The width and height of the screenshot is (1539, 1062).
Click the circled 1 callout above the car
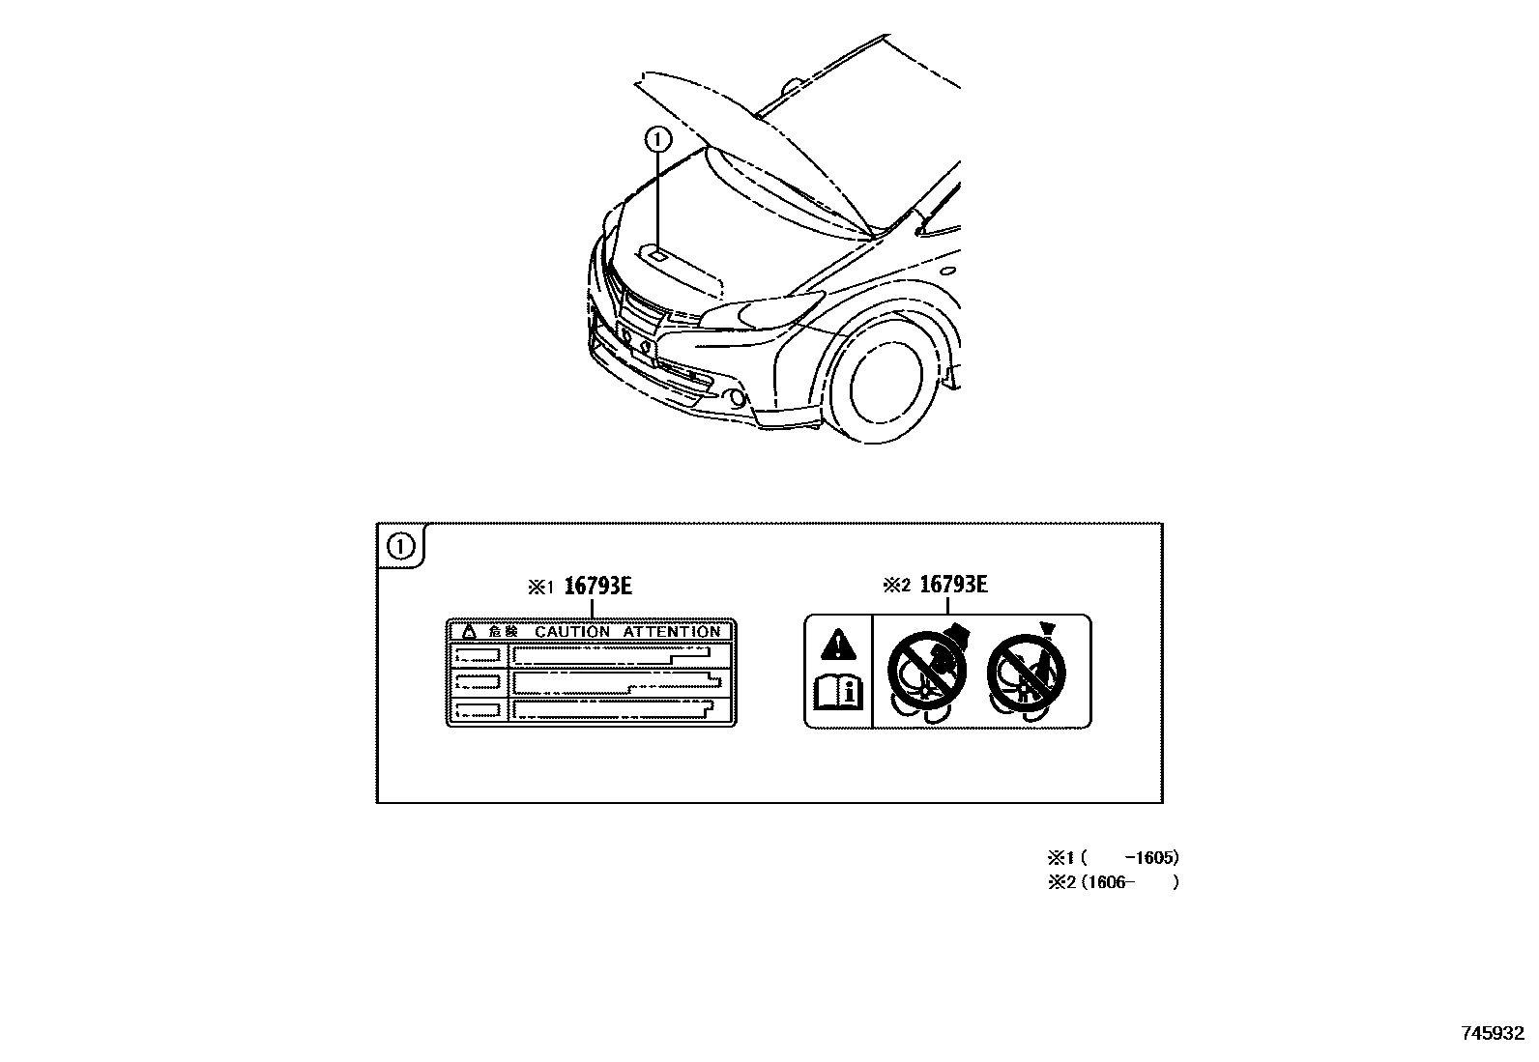[657, 140]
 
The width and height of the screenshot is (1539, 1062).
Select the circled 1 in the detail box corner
[400, 547]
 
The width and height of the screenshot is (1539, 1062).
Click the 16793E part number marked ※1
[598, 586]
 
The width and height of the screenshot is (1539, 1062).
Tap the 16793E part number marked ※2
[953, 584]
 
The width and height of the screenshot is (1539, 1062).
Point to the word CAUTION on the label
[572, 631]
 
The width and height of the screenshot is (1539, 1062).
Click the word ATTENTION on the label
[672, 631]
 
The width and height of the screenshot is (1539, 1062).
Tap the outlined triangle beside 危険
[469, 631]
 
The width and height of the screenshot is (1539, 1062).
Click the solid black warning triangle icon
[838, 645]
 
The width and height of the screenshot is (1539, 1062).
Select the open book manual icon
[838, 692]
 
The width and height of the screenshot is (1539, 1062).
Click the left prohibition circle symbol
[923, 670]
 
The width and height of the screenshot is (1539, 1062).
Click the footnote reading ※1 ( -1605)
[1114, 857]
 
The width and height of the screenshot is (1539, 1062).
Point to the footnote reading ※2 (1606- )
[1114, 881]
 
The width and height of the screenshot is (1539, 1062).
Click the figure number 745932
[1492, 1033]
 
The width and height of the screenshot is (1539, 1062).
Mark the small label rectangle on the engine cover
[658, 255]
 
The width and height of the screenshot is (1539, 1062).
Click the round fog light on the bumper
[737, 397]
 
